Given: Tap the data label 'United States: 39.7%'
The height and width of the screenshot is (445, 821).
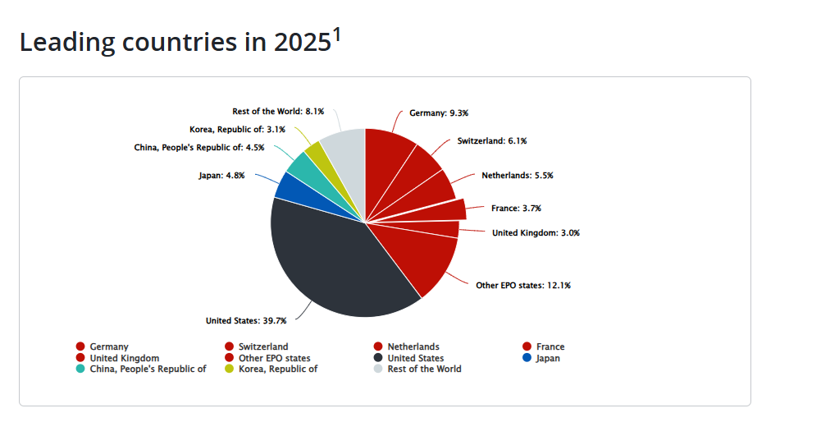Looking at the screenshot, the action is tap(246, 321).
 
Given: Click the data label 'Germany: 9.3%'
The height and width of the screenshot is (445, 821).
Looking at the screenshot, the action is tap(439, 113).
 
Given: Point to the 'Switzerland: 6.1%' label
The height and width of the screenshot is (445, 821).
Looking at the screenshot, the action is tap(492, 141).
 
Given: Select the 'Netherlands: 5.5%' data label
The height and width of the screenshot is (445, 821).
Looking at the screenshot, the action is tap(518, 176).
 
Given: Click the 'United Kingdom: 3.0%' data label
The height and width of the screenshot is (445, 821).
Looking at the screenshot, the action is tap(536, 232).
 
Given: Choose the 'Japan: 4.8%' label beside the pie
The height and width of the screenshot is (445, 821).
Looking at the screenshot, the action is tap(221, 176).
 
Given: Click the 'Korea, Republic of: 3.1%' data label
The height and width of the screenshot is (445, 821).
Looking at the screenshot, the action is tap(237, 130).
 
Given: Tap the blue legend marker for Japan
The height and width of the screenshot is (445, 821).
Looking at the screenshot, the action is tap(527, 358).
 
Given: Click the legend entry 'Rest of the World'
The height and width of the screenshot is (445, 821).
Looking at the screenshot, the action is tap(424, 369).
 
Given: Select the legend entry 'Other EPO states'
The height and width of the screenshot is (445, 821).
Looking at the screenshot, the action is tap(275, 359).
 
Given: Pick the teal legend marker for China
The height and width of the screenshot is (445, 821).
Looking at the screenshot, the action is tap(80, 369).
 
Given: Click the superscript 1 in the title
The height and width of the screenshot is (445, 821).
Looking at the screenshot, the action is tap(336, 34).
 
